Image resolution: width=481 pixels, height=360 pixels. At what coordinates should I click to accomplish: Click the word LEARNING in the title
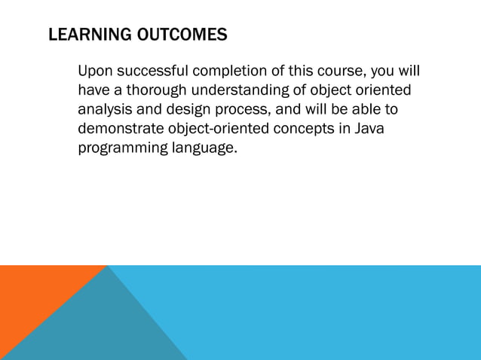[83, 35]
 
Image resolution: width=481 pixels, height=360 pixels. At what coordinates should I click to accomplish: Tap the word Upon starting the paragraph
[96, 72]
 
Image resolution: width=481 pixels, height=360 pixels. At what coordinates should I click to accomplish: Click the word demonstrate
[121, 129]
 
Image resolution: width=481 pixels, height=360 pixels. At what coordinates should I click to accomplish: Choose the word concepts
[308, 129]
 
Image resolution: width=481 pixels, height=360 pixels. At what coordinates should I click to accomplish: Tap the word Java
[369, 129]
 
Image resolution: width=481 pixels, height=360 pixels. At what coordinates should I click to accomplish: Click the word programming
[122, 148]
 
